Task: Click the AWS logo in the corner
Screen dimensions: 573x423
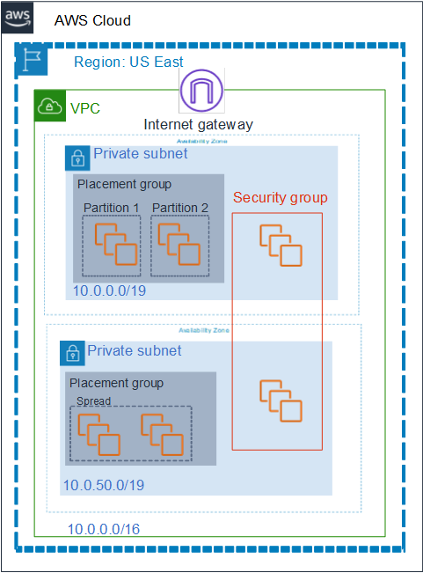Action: [x=18, y=18]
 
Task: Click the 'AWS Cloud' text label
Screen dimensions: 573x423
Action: [x=92, y=19]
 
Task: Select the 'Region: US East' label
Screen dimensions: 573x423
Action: [x=128, y=62]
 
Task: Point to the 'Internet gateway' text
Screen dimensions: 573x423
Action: [x=198, y=125]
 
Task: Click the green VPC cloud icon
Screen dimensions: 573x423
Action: [x=49, y=107]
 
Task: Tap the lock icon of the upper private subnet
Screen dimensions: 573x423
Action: [x=77, y=158]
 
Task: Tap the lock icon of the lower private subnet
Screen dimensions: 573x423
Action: [x=71, y=355]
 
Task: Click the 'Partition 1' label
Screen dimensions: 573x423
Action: [x=112, y=208]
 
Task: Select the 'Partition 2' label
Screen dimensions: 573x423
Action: [x=179, y=208]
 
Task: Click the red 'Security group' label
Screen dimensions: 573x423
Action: [x=280, y=198]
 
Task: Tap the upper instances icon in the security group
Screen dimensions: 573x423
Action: [x=280, y=245]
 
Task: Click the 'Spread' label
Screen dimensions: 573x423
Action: [x=93, y=400]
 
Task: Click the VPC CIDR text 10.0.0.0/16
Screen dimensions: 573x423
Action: [x=104, y=529]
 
